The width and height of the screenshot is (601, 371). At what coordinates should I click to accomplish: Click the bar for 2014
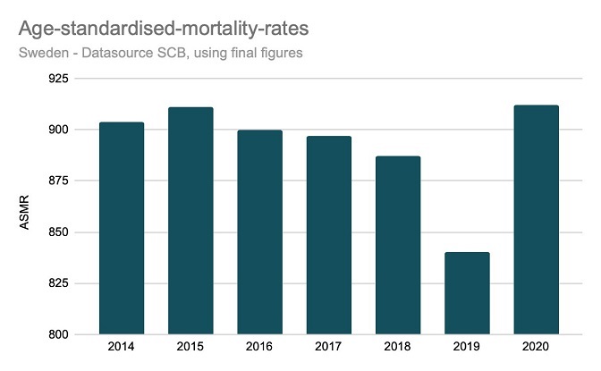pos(121,228)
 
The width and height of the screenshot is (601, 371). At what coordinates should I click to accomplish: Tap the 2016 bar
pos(259,232)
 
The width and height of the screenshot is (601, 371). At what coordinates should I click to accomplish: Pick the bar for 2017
pos(328,235)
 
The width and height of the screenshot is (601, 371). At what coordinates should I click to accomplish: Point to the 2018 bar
pos(397,245)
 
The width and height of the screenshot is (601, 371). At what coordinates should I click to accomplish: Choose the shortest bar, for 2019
pos(467,293)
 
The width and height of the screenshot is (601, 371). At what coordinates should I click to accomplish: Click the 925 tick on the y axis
pos(59,79)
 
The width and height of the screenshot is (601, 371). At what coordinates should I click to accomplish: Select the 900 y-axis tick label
pos(59,130)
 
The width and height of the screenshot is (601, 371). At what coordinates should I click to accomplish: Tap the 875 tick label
pos(59,181)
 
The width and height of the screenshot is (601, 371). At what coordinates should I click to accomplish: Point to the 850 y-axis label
pos(59,232)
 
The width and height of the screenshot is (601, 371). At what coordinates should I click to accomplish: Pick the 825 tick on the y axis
pos(59,283)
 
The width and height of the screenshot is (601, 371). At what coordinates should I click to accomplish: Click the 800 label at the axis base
pos(59,335)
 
